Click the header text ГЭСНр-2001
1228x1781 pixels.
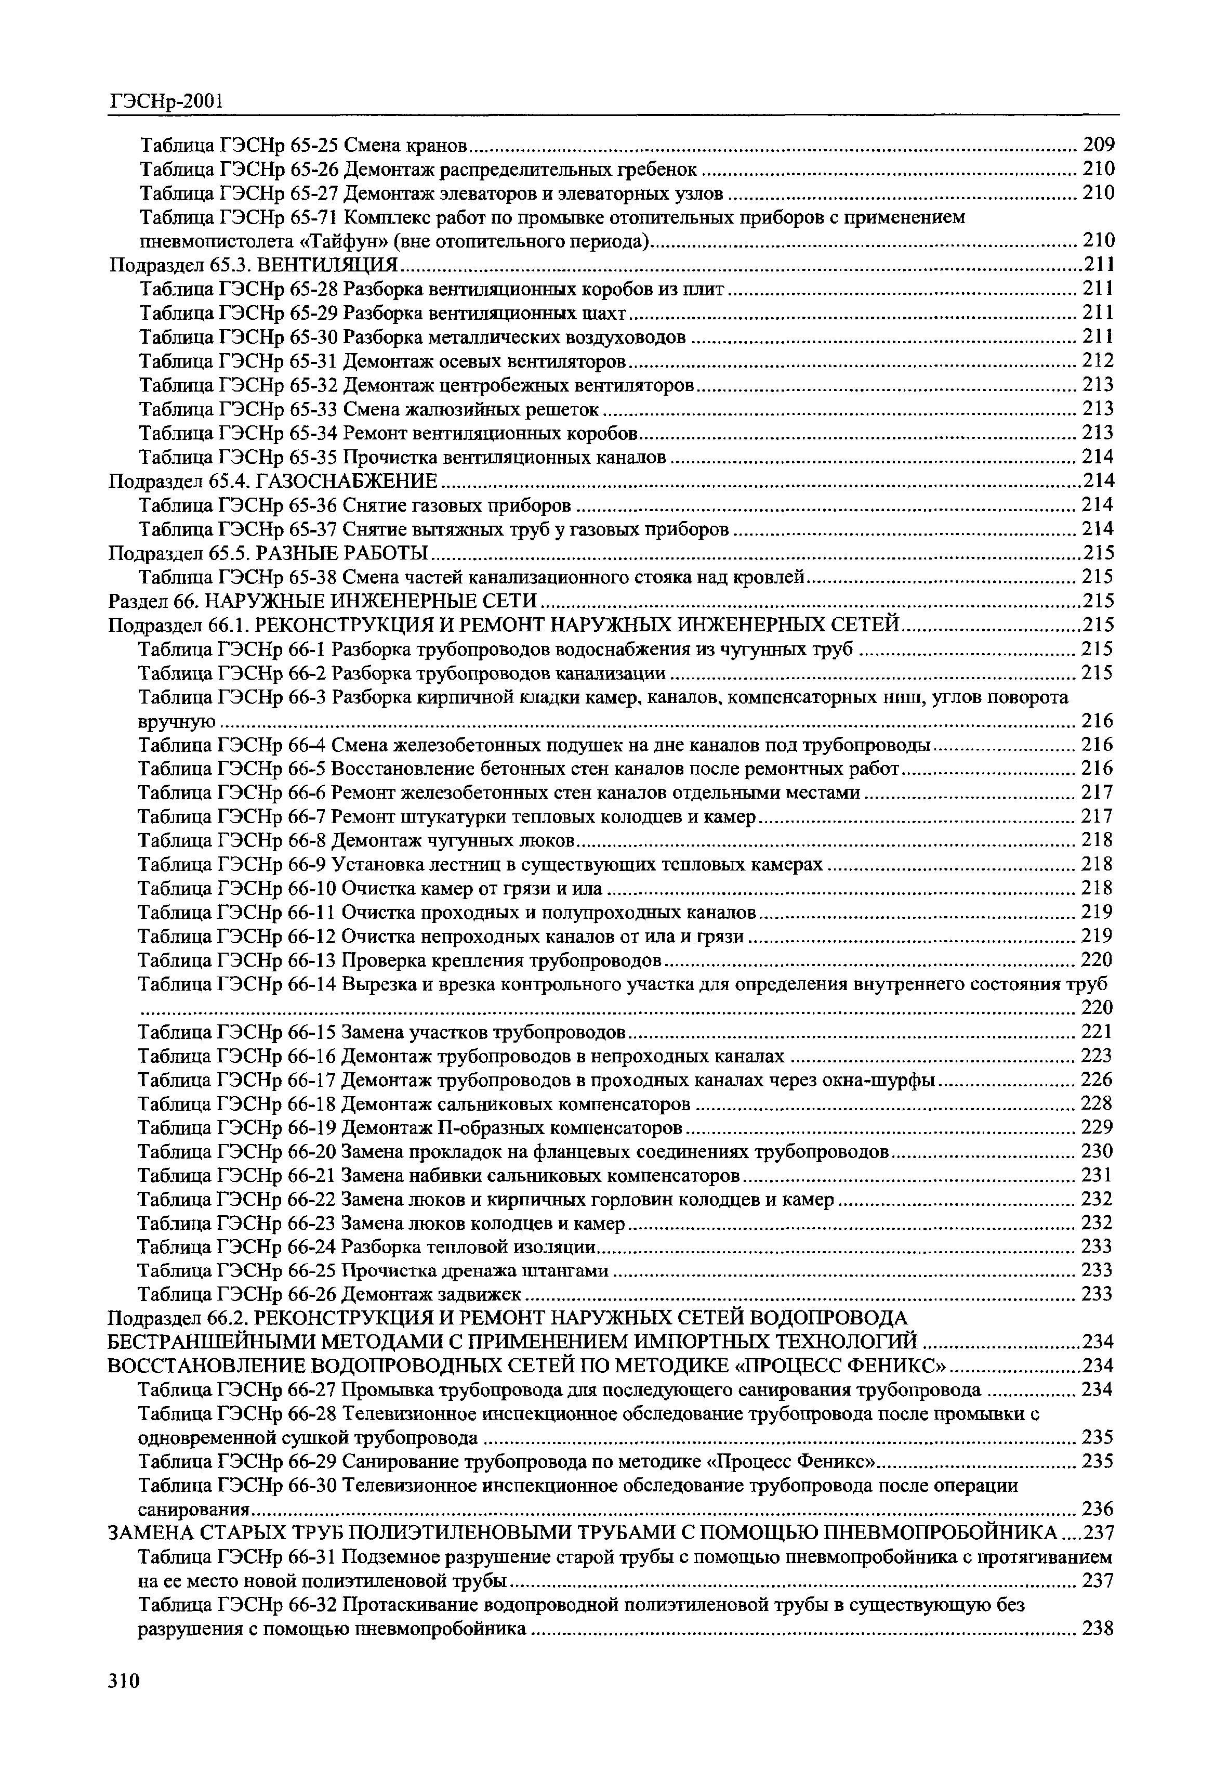click(165, 101)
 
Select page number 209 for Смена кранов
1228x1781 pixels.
click(1098, 145)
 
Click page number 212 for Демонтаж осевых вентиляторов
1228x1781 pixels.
click(1098, 361)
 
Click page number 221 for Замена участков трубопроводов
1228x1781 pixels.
click(1097, 1031)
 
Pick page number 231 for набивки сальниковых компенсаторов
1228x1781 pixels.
click(1097, 1175)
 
